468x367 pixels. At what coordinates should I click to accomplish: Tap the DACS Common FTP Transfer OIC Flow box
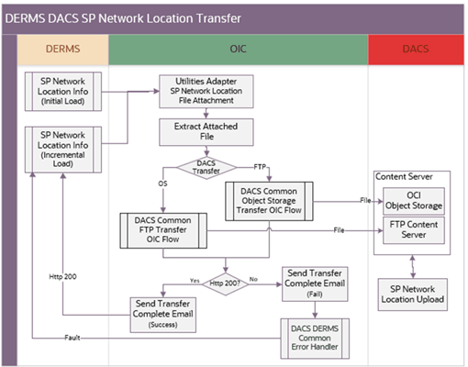tap(163, 231)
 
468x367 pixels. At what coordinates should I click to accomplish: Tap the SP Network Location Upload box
tap(418, 295)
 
